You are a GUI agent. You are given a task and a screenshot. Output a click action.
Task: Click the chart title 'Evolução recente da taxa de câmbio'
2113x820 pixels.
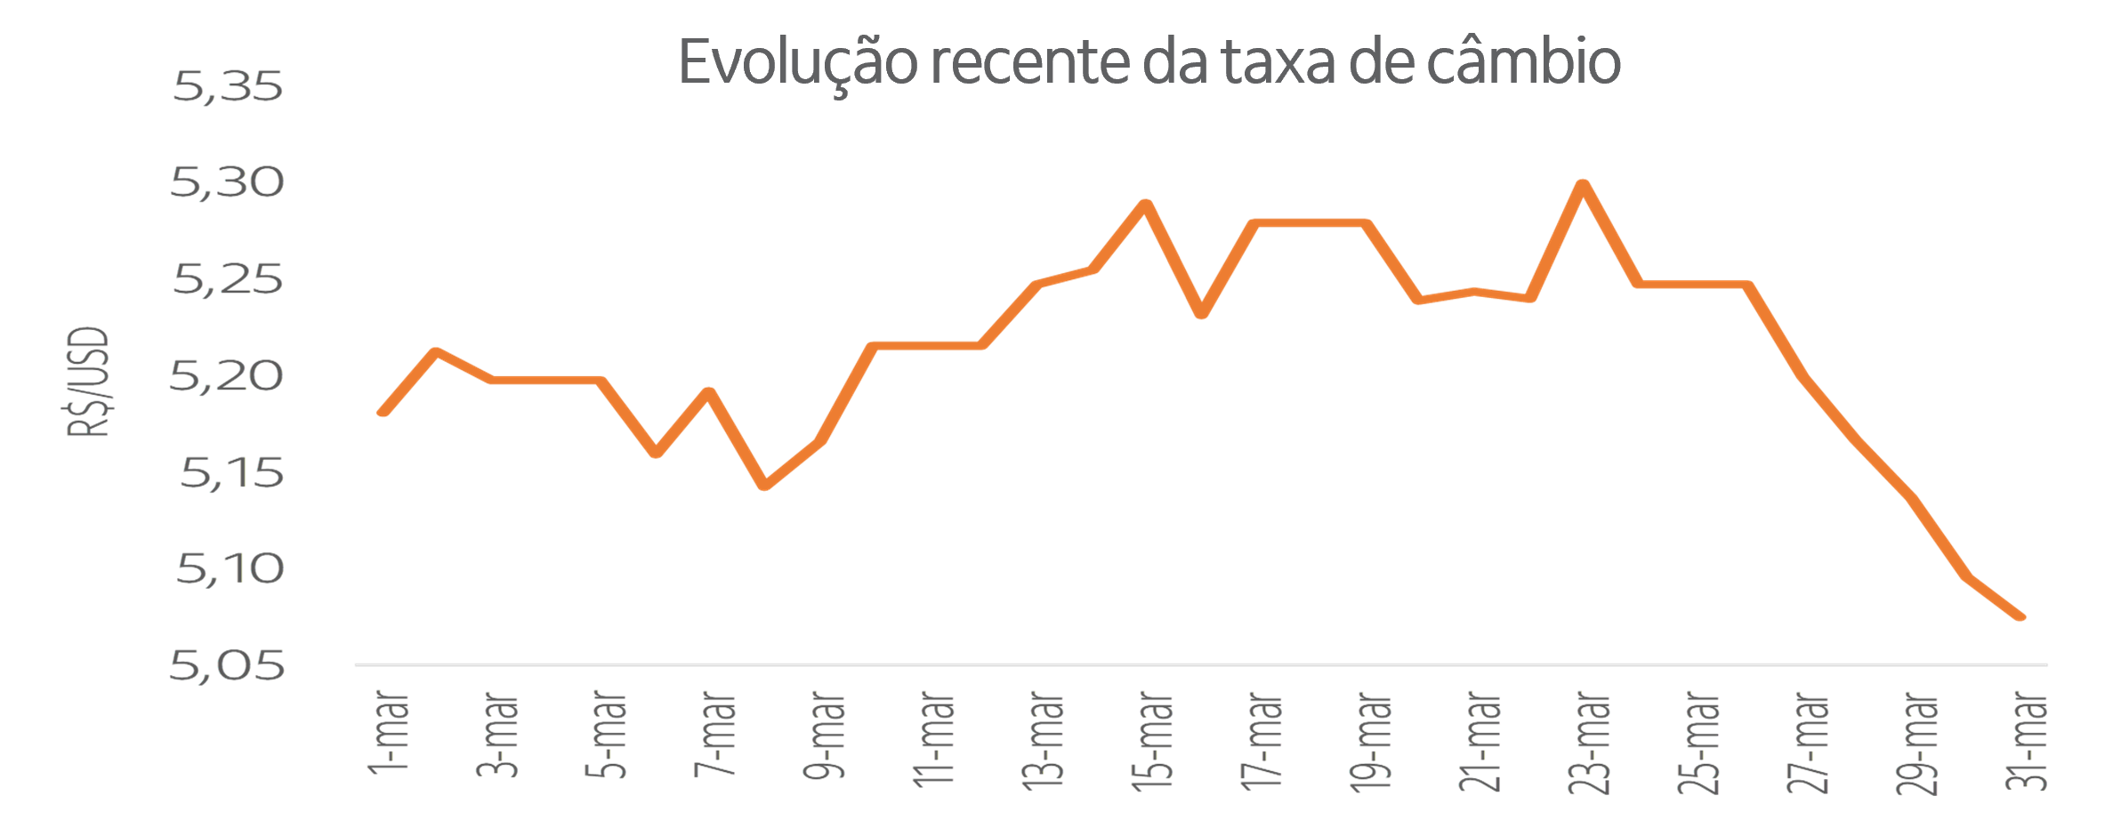click(1149, 62)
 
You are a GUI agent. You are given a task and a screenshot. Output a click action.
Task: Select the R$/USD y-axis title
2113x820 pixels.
click(88, 382)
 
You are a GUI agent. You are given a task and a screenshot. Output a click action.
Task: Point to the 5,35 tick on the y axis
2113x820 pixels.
click(228, 86)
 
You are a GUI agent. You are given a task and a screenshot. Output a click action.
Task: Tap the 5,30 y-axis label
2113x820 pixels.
click(228, 182)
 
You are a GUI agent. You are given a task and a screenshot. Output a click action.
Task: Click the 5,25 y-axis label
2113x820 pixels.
click(228, 279)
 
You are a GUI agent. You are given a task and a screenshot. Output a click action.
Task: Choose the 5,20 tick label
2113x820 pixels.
click(228, 376)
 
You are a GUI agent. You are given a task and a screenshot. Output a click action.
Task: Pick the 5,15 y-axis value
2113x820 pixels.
click(231, 472)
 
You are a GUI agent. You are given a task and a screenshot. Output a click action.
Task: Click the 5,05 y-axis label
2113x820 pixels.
click(228, 665)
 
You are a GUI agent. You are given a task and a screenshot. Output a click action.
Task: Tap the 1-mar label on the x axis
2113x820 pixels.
click(389, 731)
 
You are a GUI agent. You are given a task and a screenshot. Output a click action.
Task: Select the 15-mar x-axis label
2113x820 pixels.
click(1152, 740)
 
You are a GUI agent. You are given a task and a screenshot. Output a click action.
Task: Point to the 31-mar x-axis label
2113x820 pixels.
click(2026, 740)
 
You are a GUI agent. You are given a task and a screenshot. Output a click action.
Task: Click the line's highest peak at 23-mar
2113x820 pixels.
click(1583, 184)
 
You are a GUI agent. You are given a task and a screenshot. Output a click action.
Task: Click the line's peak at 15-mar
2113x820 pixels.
click(1147, 205)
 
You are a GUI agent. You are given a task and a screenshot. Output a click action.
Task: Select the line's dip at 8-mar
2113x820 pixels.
click(764, 486)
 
